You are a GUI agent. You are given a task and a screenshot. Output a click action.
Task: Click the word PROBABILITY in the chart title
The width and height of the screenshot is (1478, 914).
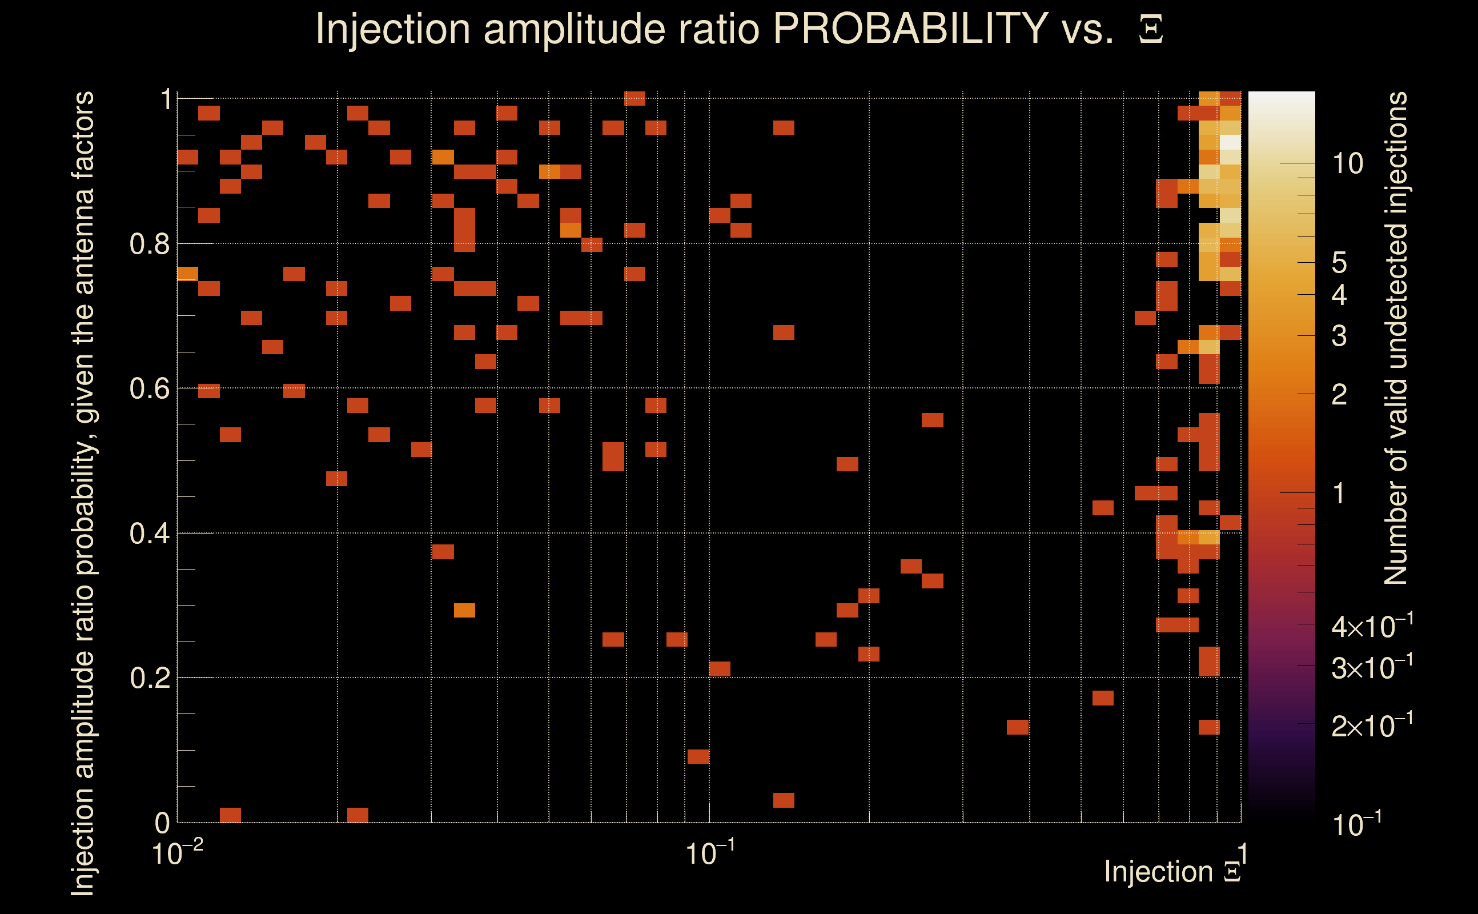coord(910,29)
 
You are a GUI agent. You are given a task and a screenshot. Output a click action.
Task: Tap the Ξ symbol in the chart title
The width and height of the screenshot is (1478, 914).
coord(1151,30)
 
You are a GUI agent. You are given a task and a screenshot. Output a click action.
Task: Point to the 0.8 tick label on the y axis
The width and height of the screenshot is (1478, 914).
coord(150,244)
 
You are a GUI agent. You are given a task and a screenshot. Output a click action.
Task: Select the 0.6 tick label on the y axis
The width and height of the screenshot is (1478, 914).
coord(150,388)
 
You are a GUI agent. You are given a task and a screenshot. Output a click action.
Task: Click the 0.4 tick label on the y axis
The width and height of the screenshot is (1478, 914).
coord(150,534)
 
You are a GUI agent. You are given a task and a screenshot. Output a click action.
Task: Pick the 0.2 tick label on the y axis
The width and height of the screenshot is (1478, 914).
coord(150,678)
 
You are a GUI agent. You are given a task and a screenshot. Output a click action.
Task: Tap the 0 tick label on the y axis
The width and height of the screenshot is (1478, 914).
coord(163,823)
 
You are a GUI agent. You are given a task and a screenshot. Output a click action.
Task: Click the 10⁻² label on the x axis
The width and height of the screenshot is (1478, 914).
coord(177,853)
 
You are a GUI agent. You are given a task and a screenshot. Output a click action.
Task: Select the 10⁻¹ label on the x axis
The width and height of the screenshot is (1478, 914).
coord(710,853)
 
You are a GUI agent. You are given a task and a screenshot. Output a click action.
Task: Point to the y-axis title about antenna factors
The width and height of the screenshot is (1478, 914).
coord(83,492)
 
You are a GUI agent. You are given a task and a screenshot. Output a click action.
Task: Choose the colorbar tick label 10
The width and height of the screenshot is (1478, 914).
coord(1347,164)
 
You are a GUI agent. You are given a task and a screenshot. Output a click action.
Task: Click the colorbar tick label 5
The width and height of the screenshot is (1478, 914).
coord(1339,263)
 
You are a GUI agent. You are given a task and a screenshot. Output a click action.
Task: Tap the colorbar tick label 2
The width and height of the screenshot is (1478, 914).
coord(1339,395)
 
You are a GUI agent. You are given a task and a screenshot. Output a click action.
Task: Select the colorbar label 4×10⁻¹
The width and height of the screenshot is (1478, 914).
coord(1372,627)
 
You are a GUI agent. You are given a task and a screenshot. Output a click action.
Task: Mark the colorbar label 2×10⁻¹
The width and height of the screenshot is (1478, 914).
coord(1372,725)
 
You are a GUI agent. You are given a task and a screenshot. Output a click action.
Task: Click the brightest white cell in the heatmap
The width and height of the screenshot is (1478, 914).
coord(1230,143)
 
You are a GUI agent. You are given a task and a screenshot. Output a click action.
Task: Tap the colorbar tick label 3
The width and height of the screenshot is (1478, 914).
coord(1339,335)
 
